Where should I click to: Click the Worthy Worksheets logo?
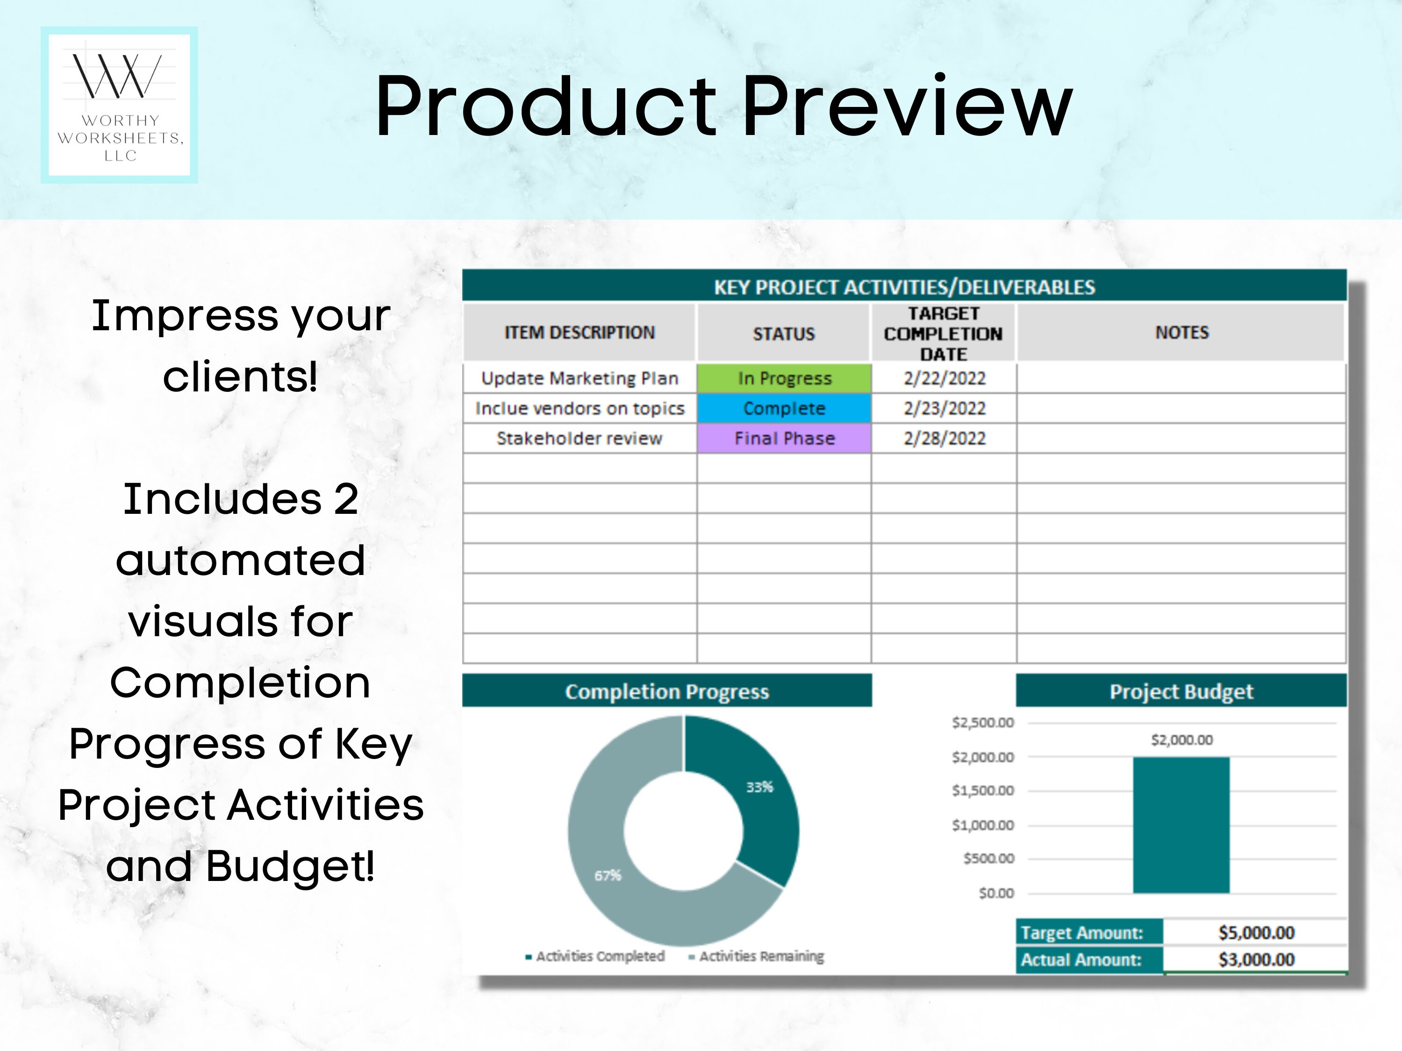coord(119,105)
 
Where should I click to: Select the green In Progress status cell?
coord(784,378)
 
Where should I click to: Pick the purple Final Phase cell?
coord(784,439)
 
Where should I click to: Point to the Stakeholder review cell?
coord(579,439)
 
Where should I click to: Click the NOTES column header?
coord(1181,333)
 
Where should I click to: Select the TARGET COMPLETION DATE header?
coord(943,333)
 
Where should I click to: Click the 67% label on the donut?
coord(607,875)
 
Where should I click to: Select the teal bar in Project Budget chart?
coord(1181,825)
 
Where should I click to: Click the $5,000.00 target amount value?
coord(1256,932)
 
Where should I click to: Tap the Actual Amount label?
coord(1081,960)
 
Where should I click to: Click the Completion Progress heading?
coord(667,691)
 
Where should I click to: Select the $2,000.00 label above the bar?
coord(1181,740)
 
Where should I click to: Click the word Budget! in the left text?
coord(290,866)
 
